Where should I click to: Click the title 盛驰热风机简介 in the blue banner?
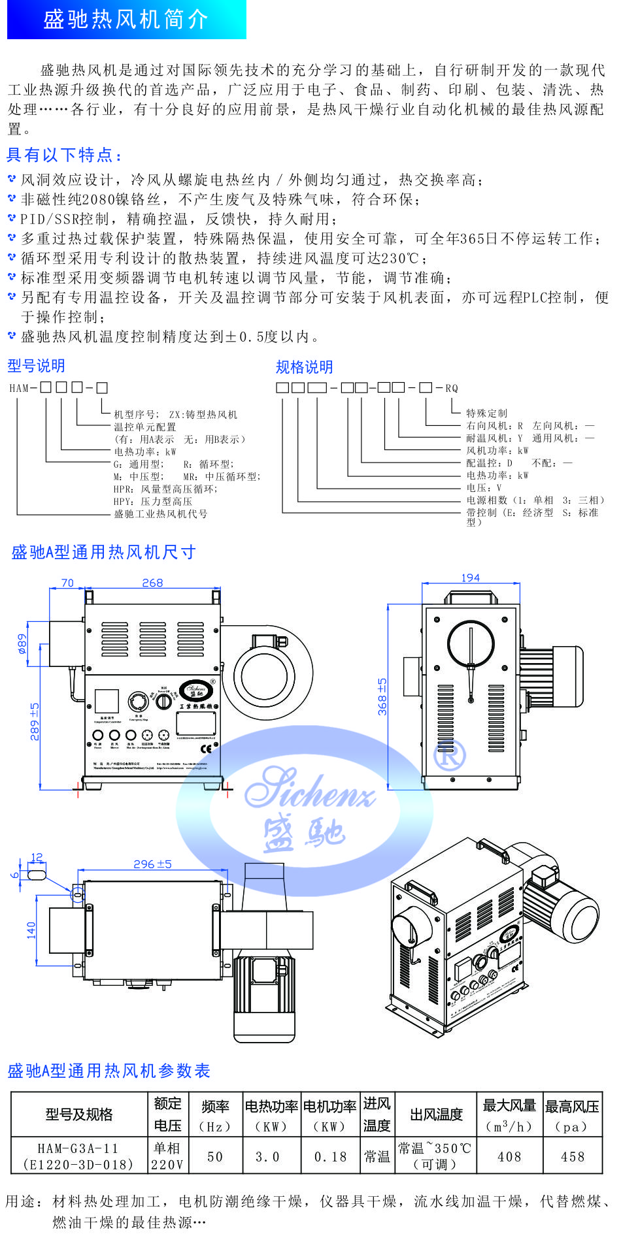(126, 19)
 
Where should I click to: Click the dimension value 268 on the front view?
(152, 583)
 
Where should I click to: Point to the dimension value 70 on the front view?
(67, 583)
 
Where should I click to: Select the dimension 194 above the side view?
(470, 577)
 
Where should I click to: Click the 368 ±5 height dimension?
(382, 696)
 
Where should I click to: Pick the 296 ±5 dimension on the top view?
(152, 864)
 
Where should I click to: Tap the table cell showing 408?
(509, 1157)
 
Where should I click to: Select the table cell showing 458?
(572, 1157)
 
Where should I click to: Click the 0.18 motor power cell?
(330, 1157)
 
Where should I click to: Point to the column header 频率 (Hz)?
(215, 1115)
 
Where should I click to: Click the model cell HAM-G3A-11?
(78, 1148)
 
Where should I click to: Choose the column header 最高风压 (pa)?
(572, 1115)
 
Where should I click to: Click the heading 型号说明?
(37, 365)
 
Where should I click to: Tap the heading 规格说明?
(305, 366)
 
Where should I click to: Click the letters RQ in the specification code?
(452, 388)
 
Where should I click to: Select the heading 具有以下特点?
(64, 155)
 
